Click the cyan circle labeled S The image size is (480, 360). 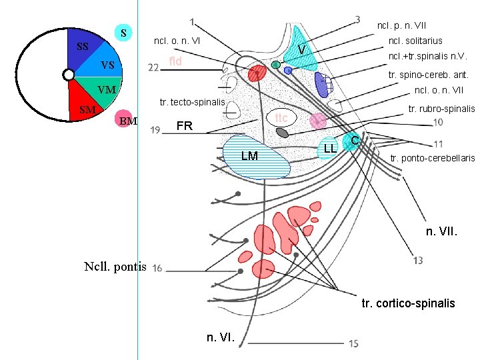[123, 32]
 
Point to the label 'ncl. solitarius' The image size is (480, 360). [415, 41]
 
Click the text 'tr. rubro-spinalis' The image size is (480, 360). [441, 108]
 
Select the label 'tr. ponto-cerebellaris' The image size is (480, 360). [433, 158]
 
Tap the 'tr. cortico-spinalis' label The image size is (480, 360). [408, 303]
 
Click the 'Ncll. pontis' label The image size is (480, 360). [115, 267]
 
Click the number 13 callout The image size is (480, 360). [418, 260]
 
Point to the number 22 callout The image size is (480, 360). [153, 68]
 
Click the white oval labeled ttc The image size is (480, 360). [281, 117]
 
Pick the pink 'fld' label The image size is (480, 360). [176, 61]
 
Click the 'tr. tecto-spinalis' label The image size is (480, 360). [193, 101]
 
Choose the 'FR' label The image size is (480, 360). [184, 126]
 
